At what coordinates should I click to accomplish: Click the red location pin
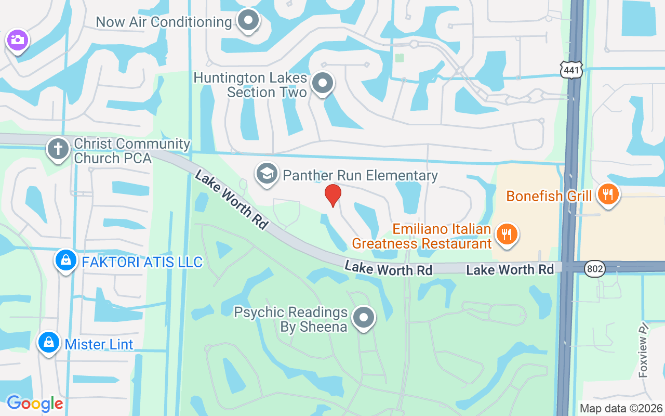(332, 195)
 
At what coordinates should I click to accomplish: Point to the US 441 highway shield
(571, 69)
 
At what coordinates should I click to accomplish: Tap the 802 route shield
(594, 269)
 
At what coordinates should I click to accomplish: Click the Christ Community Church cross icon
(58, 149)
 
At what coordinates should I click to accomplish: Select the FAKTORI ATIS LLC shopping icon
(66, 261)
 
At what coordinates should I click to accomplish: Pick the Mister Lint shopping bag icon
(48, 342)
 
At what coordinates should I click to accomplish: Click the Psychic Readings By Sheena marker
(364, 317)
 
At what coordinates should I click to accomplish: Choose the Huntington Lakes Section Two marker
(323, 83)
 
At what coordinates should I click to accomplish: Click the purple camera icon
(17, 40)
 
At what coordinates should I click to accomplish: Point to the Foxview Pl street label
(644, 349)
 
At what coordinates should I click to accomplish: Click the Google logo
(35, 403)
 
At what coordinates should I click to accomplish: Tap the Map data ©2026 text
(621, 408)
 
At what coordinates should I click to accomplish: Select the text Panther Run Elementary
(360, 175)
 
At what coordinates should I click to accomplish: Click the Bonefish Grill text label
(549, 196)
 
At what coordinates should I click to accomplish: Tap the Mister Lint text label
(99, 344)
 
